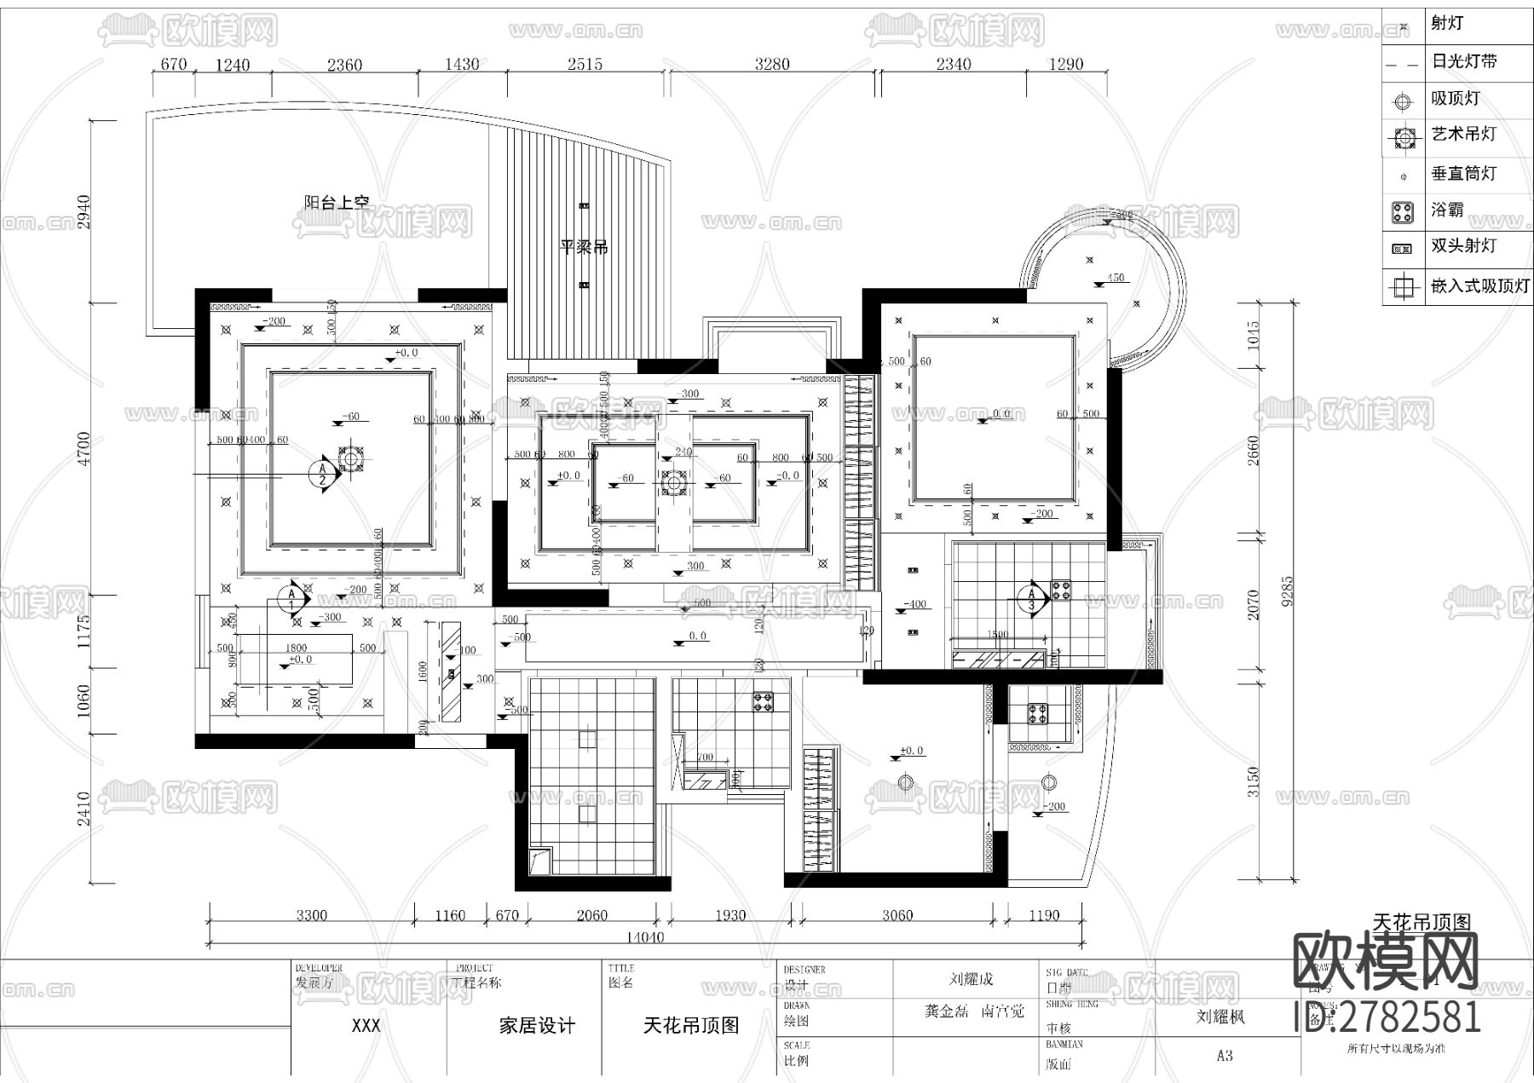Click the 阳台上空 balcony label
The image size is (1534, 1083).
click(x=337, y=203)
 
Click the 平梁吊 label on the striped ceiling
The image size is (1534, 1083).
click(x=584, y=248)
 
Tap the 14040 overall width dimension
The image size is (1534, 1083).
click(x=644, y=937)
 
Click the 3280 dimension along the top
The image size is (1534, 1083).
click(x=772, y=64)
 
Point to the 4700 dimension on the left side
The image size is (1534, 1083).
click(x=84, y=448)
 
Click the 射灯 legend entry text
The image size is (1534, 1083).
click(x=1446, y=23)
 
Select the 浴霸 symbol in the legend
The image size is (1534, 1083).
click(x=1402, y=211)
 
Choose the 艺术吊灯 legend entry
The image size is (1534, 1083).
click(x=1462, y=134)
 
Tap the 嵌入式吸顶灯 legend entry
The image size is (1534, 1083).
click(x=1479, y=286)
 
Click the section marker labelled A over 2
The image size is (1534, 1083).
click(x=323, y=474)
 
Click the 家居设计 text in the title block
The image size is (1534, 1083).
click(x=537, y=1026)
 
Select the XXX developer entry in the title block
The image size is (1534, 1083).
click(x=366, y=1026)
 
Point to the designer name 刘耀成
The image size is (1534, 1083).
click(x=971, y=980)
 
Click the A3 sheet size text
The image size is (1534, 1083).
click(x=1225, y=1056)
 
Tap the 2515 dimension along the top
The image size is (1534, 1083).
click(x=585, y=64)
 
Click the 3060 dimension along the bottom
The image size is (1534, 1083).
click(x=897, y=916)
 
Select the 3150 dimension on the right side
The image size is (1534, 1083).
click(x=1253, y=781)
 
